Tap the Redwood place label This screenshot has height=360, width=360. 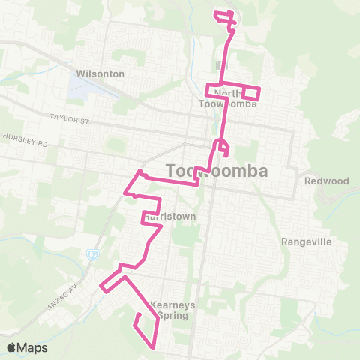[x=327, y=181]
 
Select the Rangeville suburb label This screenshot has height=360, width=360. [x=306, y=242]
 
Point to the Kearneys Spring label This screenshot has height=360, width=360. [x=173, y=309]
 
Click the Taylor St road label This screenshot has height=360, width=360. [x=69, y=118]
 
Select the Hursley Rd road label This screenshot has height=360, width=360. [x=25, y=139]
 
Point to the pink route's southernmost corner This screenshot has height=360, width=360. [x=154, y=347]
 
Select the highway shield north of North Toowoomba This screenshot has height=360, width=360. [x=220, y=65]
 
